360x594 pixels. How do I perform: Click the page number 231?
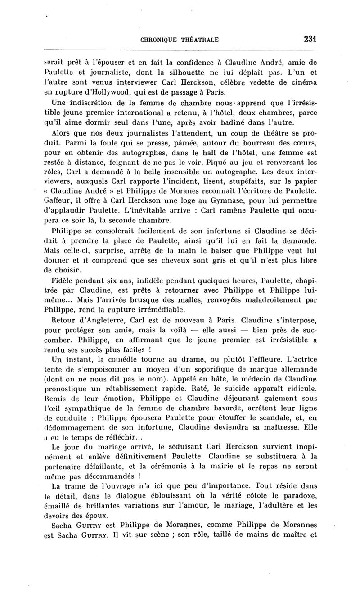coord(310,39)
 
